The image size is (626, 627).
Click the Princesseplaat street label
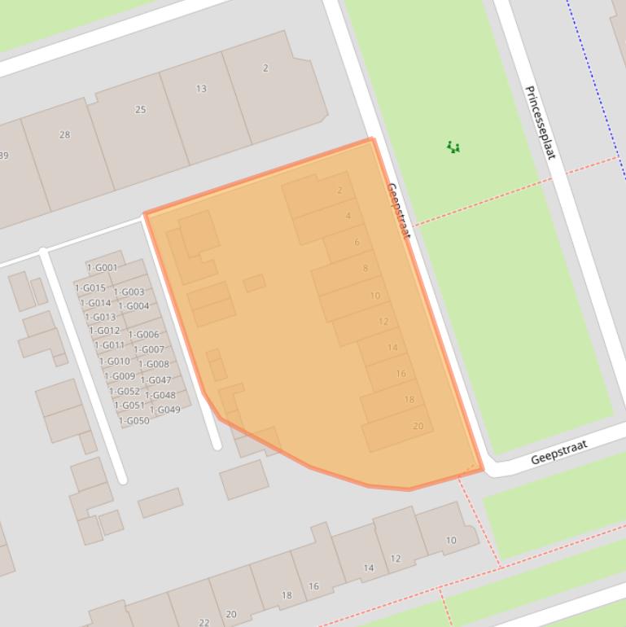click(x=540, y=122)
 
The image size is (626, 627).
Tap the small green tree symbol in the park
click(x=453, y=147)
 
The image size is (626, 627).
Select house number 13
click(x=201, y=89)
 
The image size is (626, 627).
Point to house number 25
click(x=140, y=110)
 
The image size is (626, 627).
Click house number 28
click(x=64, y=135)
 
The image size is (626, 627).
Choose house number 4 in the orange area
click(x=348, y=216)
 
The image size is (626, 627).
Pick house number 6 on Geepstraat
click(x=357, y=243)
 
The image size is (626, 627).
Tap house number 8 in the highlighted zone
click(x=366, y=269)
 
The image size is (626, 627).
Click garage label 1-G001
click(x=103, y=268)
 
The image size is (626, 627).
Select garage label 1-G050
click(x=134, y=421)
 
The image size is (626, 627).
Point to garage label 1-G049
click(x=165, y=410)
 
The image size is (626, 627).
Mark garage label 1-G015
click(x=90, y=288)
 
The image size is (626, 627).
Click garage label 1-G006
click(x=143, y=335)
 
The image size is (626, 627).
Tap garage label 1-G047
click(x=155, y=380)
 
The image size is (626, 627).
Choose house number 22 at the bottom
click(x=204, y=622)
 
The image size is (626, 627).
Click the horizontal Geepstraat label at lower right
click(x=558, y=453)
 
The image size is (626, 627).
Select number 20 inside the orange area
click(x=418, y=426)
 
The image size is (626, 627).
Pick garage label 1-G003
click(x=129, y=292)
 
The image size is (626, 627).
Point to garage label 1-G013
click(x=99, y=318)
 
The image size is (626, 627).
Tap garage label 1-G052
click(x=125, y=392)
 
